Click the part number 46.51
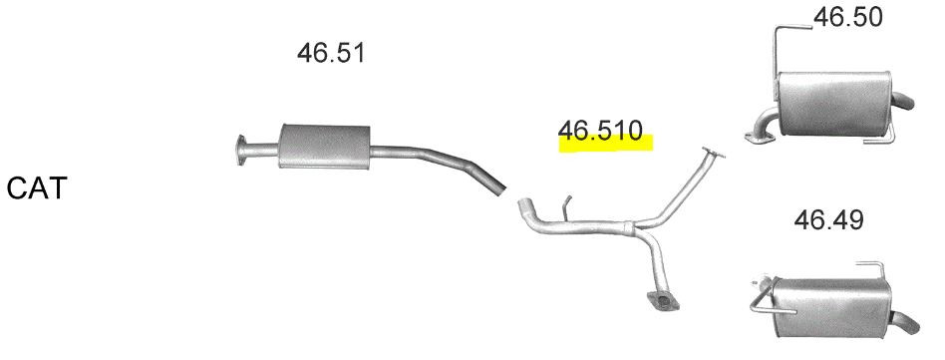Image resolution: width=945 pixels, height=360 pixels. (x=331, y=53)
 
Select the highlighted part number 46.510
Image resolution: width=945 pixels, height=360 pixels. (x=600, y=131)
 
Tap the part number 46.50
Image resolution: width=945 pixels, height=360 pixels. (x=848, y=18)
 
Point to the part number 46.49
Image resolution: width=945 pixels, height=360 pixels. (x=828, y=220)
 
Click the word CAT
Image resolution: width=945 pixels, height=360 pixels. (x=36, y=188)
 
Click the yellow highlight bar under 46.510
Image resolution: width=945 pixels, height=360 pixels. (x=606, y=144)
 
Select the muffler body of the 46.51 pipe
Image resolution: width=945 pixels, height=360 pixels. (x=324, y=146)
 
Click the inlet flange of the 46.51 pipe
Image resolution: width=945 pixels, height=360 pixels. (x=241, y=150)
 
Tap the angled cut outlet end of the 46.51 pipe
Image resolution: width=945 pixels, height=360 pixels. (x=497, y=187)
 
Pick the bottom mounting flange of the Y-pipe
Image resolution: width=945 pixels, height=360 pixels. (x=662, y=300)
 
